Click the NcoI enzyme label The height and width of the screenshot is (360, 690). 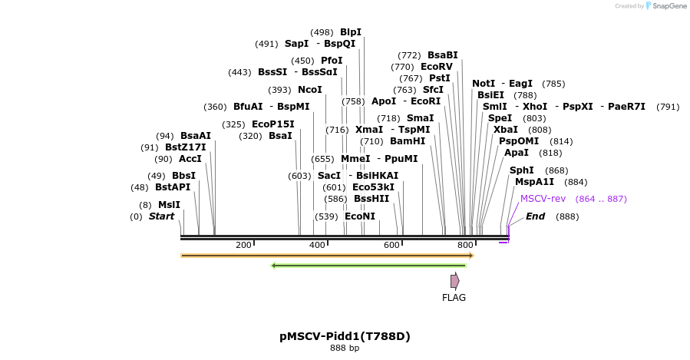click(x=309, y=90)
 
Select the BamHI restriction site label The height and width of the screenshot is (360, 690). click(x=408, y=141)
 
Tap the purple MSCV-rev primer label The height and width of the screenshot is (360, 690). click(x=543, y=199)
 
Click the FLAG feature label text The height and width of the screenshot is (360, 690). click(x=454, y=298)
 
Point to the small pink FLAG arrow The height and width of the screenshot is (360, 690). click(x=454, y=281)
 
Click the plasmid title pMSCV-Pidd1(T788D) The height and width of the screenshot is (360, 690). click(x=345, y=336)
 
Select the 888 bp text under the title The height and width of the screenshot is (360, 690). click(x=345, y=348)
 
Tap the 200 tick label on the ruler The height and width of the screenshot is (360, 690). click(x=243, y=245)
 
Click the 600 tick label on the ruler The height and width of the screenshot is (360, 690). click(x=391, y=245)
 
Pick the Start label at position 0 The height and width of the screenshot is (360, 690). click(x=161, y=216)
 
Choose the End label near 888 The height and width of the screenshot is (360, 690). click(x=535, y=216)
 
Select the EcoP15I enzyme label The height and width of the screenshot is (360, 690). click(x=272, y=124)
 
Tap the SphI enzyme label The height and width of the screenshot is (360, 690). click(x=521, y=170)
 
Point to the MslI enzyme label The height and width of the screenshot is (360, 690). click(x=169, y=205)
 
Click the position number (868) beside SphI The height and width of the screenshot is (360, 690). click(x=556, y=170)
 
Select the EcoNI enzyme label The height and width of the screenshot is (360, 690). click(x=360, y=216)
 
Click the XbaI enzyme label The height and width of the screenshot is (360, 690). click(x=505, y=130)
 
